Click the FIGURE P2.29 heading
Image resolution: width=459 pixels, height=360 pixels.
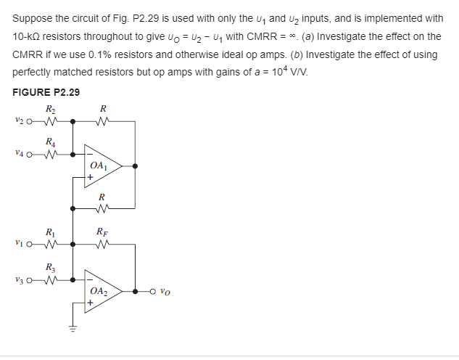(x=46, y=92)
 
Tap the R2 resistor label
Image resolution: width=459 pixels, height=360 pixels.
(x=49, y=109)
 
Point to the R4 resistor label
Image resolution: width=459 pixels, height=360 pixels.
(x=49, y=141)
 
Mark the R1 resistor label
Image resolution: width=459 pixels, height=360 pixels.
(x=49, y=233)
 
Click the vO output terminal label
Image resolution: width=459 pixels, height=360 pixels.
(x=166, y=294)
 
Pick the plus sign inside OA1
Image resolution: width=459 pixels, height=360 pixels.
(x=90, y=176)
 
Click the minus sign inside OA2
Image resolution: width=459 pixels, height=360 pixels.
(x=90, y=282)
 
